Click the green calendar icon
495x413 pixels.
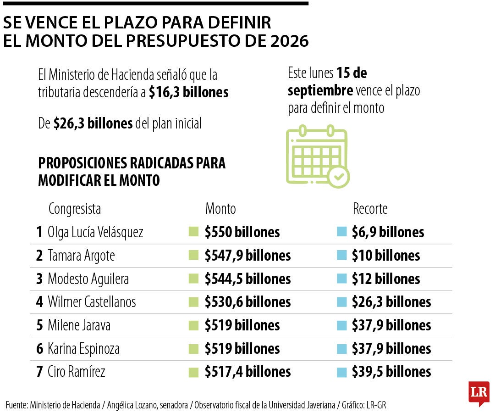point(317,156)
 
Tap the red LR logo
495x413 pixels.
point(478,392)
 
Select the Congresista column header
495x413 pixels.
point(75,209)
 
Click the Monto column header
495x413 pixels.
point(220,209)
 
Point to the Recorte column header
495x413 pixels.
point(370,209)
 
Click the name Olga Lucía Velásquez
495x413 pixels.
point(95,232)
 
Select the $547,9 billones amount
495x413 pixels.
point(247,256)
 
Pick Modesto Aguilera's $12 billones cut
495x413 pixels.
point(385,279)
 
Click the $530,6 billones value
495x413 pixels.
point(247,302)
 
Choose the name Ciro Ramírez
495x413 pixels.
point(76,372)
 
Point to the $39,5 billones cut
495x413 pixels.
point(391,372)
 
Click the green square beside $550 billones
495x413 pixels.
point(193,232)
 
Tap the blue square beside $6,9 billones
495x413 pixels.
point(341,232)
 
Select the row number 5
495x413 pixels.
point(40,325)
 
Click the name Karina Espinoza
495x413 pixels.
point(83,349)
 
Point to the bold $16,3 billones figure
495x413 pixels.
point(188,92)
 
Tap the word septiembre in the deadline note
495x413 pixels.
point(320,90)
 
